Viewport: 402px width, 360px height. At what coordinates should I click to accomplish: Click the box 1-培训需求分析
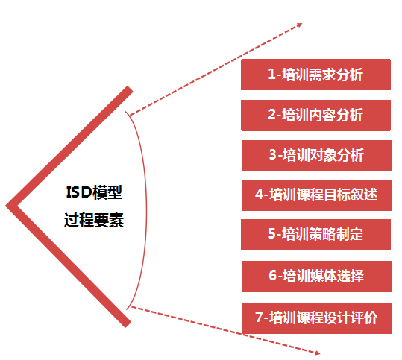[x=315, y=75]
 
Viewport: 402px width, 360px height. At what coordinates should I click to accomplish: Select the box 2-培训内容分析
[x=315, y=116]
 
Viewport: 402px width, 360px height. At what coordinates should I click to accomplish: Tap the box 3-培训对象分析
[x=316, y=156]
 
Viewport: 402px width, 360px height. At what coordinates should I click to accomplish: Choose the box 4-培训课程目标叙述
[x=316, y=195]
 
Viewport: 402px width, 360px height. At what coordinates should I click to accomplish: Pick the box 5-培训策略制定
[x=315, y=235]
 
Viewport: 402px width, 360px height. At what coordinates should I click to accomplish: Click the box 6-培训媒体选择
[x=316, y=277]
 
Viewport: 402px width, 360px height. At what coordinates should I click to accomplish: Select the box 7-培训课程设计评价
[x=316, y=318]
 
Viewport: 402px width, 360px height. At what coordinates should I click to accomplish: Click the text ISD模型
[x=94, y=192]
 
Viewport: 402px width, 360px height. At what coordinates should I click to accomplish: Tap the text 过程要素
[x=94, y=220]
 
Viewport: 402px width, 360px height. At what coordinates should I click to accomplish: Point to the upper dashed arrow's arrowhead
[x=300, y=25]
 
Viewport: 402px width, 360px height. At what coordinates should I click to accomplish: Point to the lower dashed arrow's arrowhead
[x=318, y=353]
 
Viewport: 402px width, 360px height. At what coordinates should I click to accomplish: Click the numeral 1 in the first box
[x=271, y=75]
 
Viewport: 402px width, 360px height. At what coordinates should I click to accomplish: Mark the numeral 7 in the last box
[x=259, y=318]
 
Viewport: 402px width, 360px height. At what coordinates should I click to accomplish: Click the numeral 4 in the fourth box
[x=259, y=195]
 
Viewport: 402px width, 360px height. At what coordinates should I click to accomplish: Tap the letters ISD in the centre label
[x=79, y=192]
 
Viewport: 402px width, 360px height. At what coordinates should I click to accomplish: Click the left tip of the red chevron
[x=6, y=206]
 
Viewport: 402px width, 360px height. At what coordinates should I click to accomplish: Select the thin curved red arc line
[x=146, y=210]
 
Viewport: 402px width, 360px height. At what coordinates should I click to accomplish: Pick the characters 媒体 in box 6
[x=323, y=277]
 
